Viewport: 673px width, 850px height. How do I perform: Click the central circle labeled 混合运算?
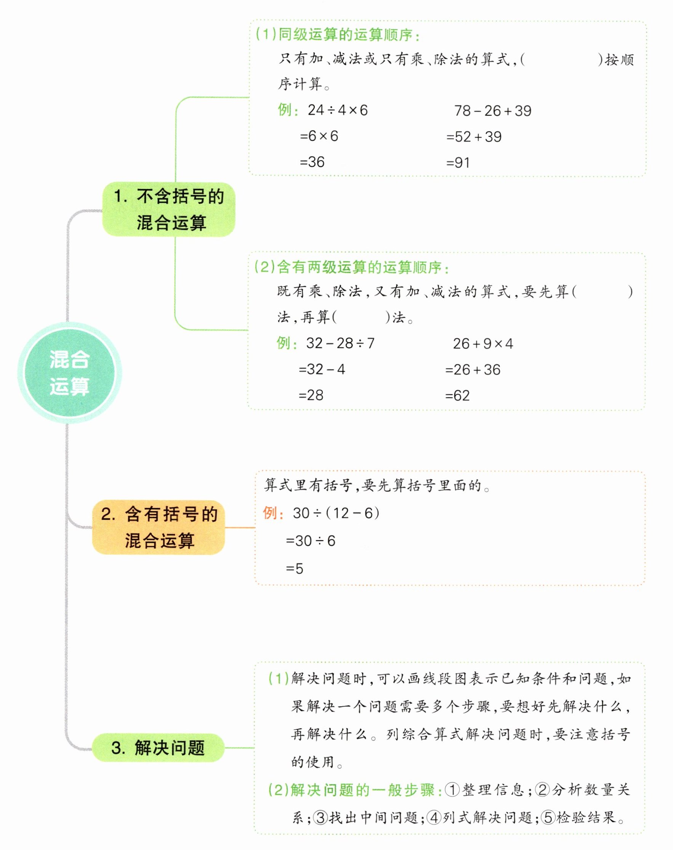[69, 372]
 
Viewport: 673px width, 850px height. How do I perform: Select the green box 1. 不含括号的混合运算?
[169, 209]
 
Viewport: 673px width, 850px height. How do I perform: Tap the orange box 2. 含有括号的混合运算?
[159, 527]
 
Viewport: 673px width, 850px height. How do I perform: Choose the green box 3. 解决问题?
[158, 747]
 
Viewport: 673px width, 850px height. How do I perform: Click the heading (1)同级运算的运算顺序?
[337, 35]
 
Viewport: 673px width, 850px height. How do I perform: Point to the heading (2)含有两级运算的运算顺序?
[351, 267]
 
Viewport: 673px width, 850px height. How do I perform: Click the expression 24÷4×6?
[338, 110]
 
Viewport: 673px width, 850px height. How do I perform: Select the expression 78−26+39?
[492, 111]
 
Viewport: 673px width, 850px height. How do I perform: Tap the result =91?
[458, 162]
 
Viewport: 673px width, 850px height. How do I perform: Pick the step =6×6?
[319, 136]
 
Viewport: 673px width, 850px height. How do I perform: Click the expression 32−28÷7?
[340, 343]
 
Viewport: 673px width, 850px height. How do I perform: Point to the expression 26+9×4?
[483, 344]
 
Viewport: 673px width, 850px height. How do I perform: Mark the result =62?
[457, 395]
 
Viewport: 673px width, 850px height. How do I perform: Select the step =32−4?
[322, 369]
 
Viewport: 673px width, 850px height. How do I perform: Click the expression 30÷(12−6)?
[336, 513]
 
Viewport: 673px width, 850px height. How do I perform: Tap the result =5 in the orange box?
[294, 569]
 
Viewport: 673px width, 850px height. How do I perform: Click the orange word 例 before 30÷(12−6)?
[270, 513]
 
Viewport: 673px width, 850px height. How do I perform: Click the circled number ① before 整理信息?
[452, 790]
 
